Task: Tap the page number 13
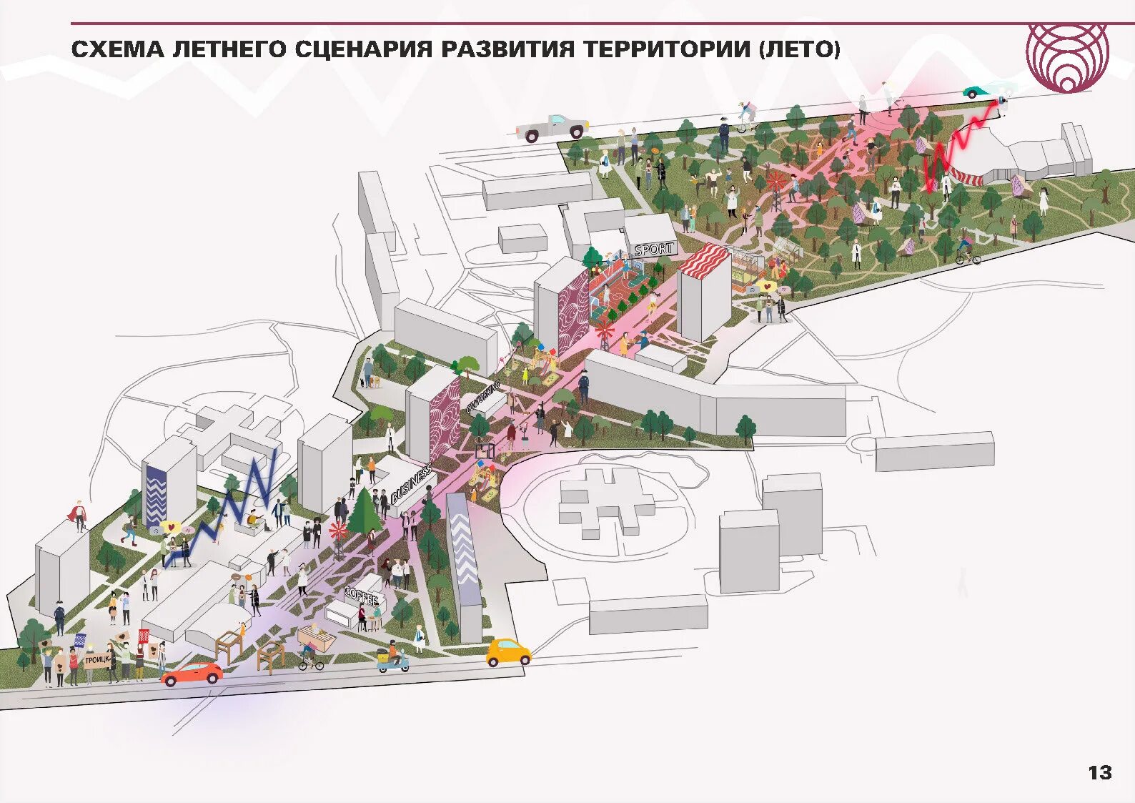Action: click(x=1099, y=772)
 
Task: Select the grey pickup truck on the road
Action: click(x=552, y=127)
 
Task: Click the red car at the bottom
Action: click(x=192, y=673)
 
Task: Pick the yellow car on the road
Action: click(x=508, y=652)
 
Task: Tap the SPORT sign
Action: click(x=653, y=250)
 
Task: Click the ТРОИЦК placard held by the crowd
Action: click(x=97, y=661)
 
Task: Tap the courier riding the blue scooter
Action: click(x=393, y=659)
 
